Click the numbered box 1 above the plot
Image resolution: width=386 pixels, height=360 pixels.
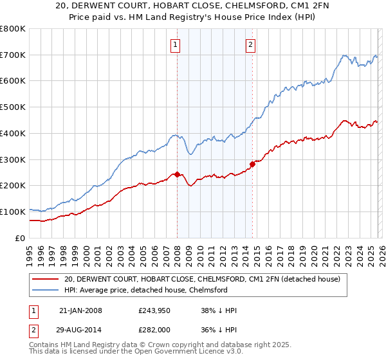(175, 45)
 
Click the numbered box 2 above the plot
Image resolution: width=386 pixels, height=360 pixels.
(250, 45)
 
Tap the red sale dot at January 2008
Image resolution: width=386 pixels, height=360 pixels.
(177, 174)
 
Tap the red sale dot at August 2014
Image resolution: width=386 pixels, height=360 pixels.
(252, 164)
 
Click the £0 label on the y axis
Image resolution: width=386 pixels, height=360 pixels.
(19, 238)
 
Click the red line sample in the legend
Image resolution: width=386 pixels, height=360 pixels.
(45, 279)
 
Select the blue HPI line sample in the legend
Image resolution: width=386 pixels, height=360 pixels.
(45, 290)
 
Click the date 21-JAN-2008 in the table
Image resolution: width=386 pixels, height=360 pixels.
(80, 310)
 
